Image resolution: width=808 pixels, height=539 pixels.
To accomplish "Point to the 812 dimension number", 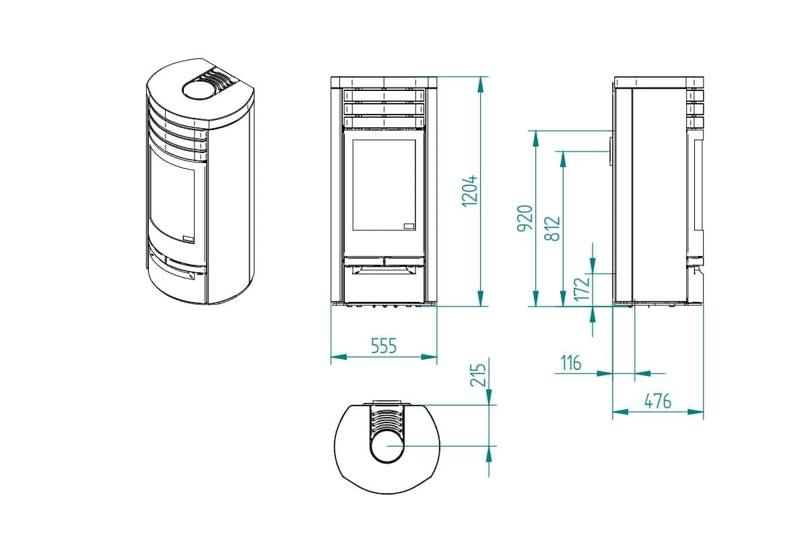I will point(552,229).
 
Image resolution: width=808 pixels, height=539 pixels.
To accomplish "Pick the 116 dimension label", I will point(570,363).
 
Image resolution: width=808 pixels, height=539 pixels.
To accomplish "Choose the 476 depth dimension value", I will point(658,401).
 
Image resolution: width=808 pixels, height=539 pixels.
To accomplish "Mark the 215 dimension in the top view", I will point(478,374).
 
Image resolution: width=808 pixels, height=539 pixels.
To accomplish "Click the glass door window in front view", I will point(384,185).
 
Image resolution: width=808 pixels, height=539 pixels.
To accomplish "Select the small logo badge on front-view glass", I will point(409,226).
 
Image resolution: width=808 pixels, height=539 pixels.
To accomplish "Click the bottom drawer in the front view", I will point(384,283).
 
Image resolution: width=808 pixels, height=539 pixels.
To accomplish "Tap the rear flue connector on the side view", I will point(611,152).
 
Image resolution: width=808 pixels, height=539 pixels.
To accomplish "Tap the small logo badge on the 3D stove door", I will point(189,237).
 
